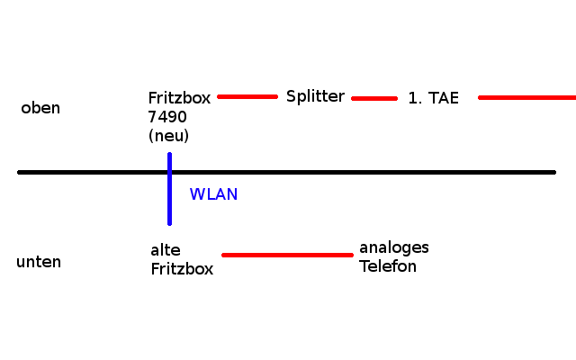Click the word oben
(x=40, y=108)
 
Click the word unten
(x=39, y=262)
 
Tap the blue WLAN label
(x=213, y=193)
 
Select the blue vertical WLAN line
(x=169, y=202)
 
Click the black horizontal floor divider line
(x=360, y=172)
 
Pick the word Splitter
(x=315, y=96)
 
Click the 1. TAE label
(x=433, y=99)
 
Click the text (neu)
(x=168, y=136)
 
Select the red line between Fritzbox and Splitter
(x=247, y=96)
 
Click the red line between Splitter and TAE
(x=374, y=98)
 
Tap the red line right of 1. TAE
(x=526, y=97)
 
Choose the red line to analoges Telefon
(x=287, y=255)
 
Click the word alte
(x=166, y=250)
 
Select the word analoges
(x=394, y=247)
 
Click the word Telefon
(x=388, y=266)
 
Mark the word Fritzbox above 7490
(x=179, y=98)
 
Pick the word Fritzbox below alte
(x=182, y=268)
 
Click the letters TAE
(x=444, y=99)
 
